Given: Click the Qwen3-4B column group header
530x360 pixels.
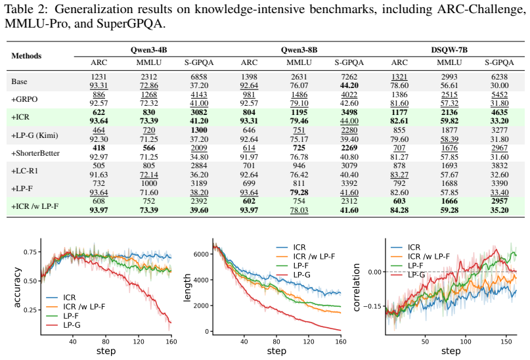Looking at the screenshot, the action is point(148,50).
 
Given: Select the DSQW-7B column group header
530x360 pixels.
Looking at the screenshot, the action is point(449,50).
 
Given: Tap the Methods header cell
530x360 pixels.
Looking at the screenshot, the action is point(26,56).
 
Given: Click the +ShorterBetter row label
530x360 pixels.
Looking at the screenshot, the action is point(35,153).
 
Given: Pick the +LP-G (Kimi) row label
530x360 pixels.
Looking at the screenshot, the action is point(35,135).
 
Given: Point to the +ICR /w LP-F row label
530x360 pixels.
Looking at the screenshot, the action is point(35,206).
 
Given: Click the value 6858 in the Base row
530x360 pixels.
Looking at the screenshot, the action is point(199,77).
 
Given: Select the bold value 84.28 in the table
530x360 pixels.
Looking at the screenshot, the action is point(399,210).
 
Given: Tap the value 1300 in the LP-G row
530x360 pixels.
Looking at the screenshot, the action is point(199,130).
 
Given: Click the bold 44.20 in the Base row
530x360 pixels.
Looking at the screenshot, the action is point(349,85).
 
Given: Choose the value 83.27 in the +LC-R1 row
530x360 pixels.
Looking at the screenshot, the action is point(399,175).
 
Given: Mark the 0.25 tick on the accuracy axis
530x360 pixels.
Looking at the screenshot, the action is point(30,310).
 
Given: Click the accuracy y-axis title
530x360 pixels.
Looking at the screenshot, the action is point(17,288).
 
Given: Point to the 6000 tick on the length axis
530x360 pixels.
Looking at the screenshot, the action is point(201,254).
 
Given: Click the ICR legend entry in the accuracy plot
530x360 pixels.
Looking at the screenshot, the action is point(61,298).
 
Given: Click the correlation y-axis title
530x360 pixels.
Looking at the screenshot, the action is point(356,288).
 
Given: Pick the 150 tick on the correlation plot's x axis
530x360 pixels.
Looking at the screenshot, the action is point(506,342).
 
